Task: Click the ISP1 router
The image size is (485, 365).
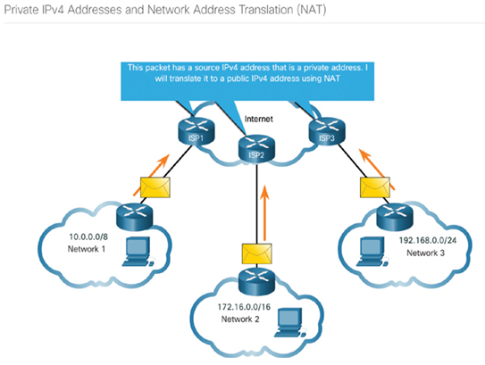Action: click(x=197, y=131)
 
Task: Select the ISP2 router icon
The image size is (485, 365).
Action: click(x=256, y=148)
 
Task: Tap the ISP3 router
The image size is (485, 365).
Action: click(x=327, y=131)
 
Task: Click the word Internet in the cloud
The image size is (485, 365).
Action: click(x=259, y=119)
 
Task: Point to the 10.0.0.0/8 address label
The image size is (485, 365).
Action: click(x=88, y=237)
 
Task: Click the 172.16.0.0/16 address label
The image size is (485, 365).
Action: click(x=244, y=307)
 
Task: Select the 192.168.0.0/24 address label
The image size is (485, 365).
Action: click(x=428, y=240)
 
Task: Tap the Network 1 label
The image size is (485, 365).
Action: click(x=87, y=249)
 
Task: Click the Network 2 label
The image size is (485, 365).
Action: click(x=240, y=319)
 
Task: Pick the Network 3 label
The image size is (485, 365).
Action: click(x=425, y=253)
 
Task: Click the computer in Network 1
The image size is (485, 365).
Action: click(x=138, y=252)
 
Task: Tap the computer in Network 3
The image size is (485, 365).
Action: click(x=372, y=252)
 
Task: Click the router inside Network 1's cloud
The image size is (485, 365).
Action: click(x=135, y=217)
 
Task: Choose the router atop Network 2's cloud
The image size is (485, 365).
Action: click(x=256, y=281)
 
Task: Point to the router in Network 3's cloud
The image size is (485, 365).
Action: click(x=395, y=217)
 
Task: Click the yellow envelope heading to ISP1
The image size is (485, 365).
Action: click(x=155, y=187)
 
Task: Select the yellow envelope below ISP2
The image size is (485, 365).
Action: click(x=256, y=253)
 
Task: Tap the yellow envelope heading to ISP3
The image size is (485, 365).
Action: click(x=375, y=187)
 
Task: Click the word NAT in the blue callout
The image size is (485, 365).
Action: click(x=331, y=79)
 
